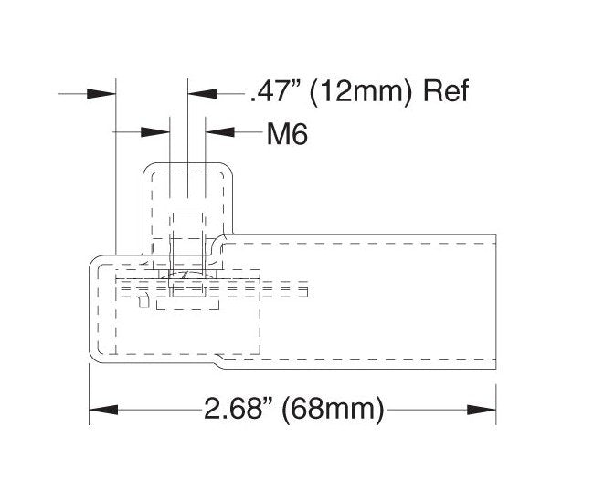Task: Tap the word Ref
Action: click(x=446, y=91)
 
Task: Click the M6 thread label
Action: click(x=287, y=134)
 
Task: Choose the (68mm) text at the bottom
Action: click(x=333, y=410)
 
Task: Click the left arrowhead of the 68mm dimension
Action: click(x=103, y=410)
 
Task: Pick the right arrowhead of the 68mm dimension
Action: click(x=482, y=410)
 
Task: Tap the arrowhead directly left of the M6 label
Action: click(x=220, y=132)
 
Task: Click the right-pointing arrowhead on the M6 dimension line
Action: click(x=155, y=132)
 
